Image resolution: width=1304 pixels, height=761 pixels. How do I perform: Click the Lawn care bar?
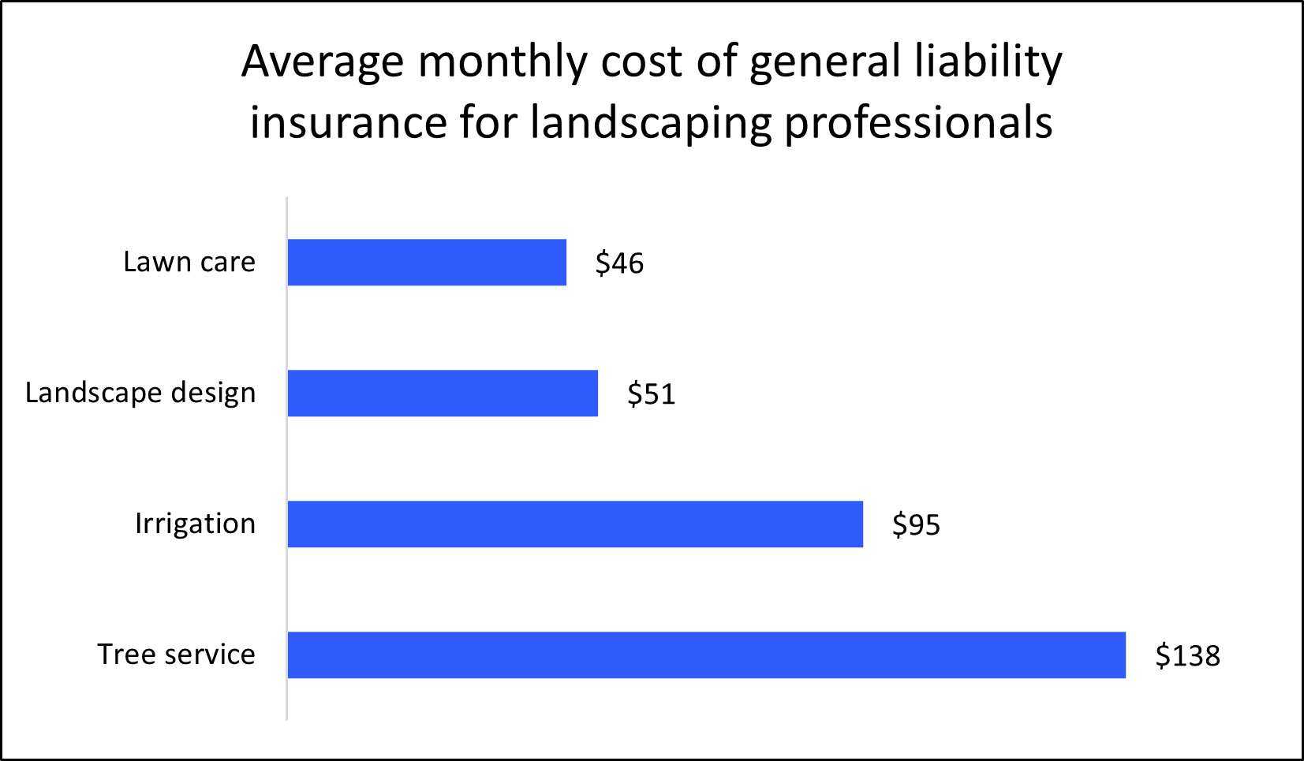(427, 263)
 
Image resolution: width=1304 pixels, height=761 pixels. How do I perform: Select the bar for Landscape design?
(443, 394)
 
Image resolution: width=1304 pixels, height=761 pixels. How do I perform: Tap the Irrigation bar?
(575, 524)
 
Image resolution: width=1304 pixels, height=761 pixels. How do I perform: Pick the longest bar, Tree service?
(706, 655)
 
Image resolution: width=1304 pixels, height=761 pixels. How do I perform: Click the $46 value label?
(619, 263)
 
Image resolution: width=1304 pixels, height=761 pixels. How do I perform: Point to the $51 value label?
(651, 394)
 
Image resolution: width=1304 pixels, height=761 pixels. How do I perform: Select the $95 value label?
(916, 525)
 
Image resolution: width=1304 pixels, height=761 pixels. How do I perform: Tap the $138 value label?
(1187, 656)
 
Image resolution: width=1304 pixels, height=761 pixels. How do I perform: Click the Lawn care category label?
(189, 262)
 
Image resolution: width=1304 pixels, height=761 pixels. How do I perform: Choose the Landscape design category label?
(140, 393)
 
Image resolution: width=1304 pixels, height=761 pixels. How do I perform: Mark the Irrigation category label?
(195, 524)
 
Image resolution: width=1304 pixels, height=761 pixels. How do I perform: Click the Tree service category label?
(176, 655)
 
